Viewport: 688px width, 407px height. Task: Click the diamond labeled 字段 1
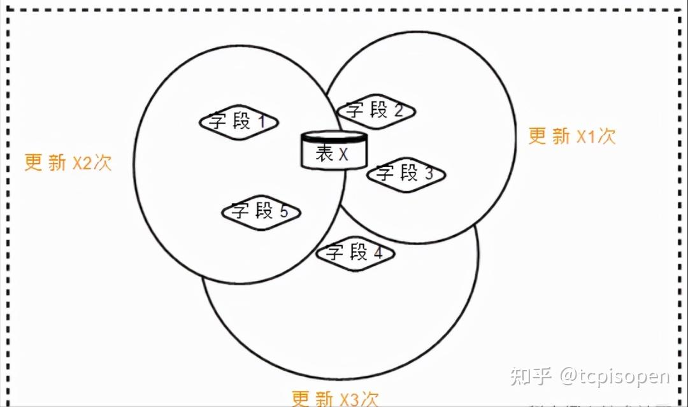tap(238, 122)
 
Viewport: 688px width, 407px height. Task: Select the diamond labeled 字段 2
tap(376, 111)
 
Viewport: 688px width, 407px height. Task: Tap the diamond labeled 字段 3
tap(405, 173)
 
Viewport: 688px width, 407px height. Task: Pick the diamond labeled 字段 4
tap(355, 253)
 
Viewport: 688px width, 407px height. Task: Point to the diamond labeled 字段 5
tap(261, 211)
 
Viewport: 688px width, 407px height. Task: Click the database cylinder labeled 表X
tap(334, 151)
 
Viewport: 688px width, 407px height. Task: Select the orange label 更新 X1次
tap(572, 136)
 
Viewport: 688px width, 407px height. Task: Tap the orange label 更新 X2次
tap(68, 162)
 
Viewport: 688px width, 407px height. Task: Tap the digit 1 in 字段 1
tap(262, 122)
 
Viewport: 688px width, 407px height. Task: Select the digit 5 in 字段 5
tap(284, 211)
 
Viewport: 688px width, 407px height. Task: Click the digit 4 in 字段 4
tap(378, 253)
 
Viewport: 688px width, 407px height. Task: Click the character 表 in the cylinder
tap(325, 154)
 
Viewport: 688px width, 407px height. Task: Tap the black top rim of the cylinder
tap(334, 137)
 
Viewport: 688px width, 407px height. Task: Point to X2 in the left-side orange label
tap(82, 162)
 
